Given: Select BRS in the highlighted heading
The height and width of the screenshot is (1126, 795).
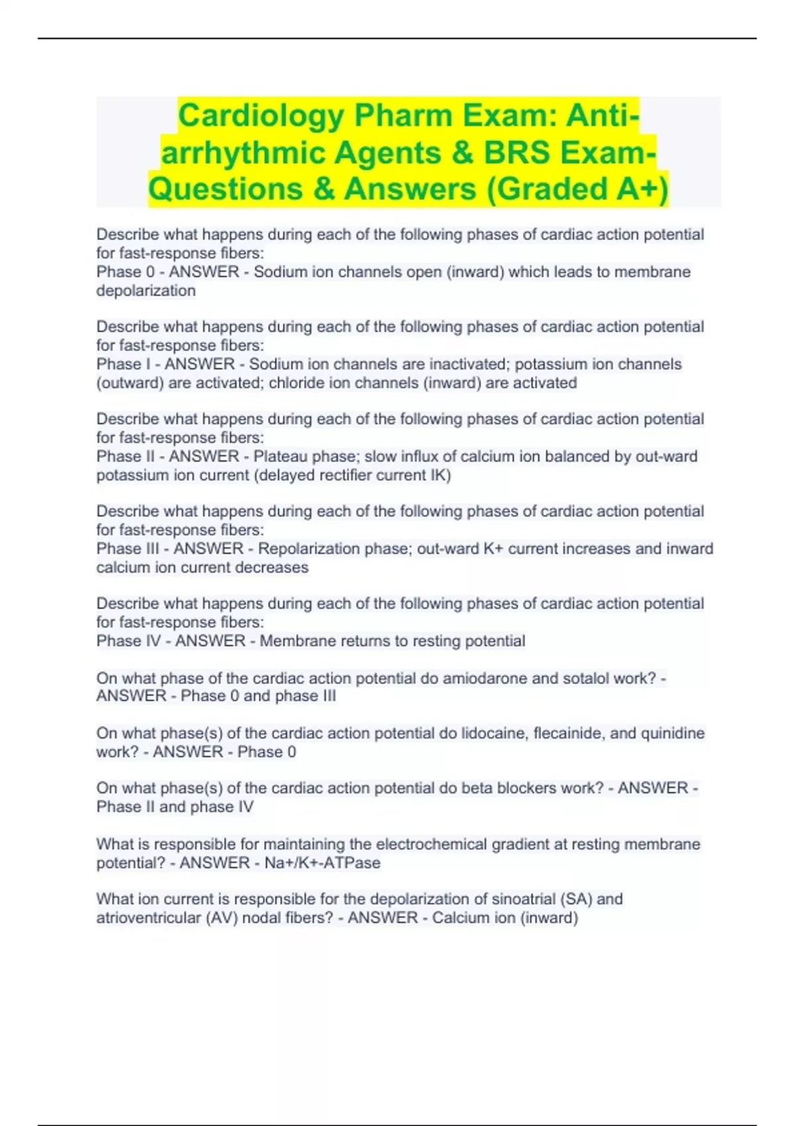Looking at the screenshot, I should tap(517, 152).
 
